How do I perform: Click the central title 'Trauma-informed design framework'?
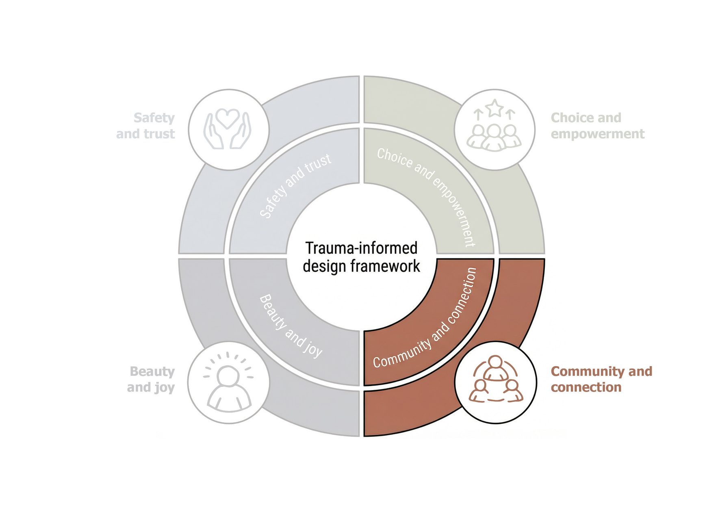[361, 257]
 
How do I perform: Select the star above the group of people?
[494, 108]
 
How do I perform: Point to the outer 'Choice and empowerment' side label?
[597, 126]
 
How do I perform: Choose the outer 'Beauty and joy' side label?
[151, 379]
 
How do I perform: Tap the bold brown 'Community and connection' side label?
[601, 379]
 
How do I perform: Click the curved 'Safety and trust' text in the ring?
[295, 185]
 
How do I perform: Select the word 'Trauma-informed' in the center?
[361, 248]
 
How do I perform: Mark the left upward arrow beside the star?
[479, 114]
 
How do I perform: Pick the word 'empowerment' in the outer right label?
[597, 134]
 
